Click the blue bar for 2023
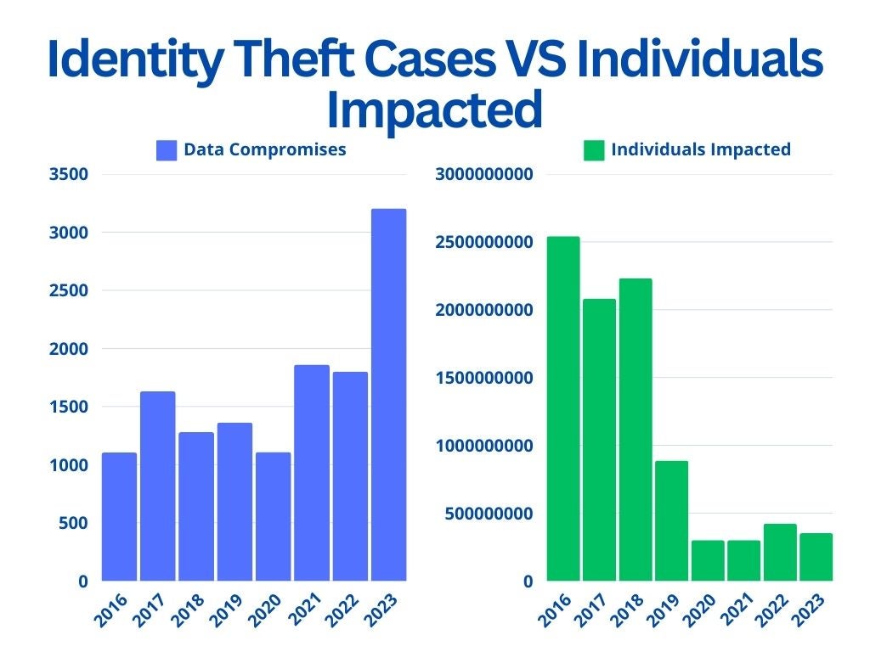[389, 395]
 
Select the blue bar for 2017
[157, 486]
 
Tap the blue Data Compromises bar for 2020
[274, 517]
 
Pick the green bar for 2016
[563, 408]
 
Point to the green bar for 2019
[671, 521]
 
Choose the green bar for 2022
[780, 552]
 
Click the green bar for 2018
[636, 430]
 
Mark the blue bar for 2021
[312, 473]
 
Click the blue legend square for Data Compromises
[167, 150]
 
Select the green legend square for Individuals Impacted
[594, 150]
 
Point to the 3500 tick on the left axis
[69, 174]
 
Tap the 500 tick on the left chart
[73, 523]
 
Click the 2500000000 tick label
[483, 242]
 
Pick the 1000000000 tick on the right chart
[483, 446]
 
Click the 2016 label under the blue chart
[111, 610]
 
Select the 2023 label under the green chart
[811, 610]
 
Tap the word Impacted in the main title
[435, 110]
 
